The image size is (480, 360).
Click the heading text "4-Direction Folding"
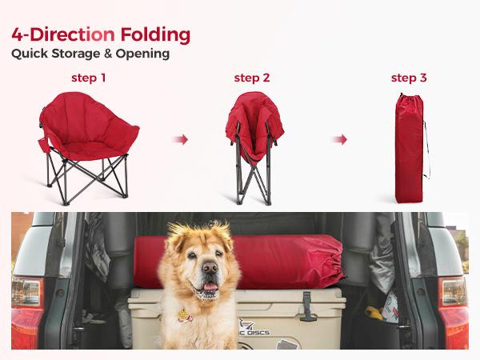[x=101, y=36]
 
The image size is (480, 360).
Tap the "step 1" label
[x=89, y=78]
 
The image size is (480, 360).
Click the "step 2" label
[x=251, y=78]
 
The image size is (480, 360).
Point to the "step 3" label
[x=408, y=78]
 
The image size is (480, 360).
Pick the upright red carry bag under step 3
[x=408, y=152]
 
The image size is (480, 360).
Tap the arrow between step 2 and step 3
[x=340, y=140]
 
